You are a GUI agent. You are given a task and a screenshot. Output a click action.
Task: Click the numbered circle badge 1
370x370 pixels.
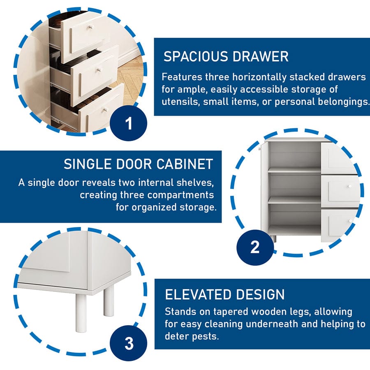(129, 123)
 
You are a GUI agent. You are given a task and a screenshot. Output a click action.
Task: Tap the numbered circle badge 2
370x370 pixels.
(255, 247)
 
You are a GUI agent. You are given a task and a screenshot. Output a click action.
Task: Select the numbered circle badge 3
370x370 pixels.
(129, 343)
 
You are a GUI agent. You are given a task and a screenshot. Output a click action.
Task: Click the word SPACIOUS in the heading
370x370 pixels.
(196, 57)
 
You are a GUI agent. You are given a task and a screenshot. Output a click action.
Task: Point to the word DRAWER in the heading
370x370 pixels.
(261, 57)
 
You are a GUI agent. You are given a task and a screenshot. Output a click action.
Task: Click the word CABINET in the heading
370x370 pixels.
(185, 164)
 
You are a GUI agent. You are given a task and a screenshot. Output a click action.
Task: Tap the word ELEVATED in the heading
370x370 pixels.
(198, 294)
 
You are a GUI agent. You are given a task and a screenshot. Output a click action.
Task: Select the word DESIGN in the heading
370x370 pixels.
(260, 294)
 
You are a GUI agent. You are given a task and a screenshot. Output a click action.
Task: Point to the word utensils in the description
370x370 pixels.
(180, 102)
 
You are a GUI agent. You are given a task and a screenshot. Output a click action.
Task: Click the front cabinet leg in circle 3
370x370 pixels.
(81, 313)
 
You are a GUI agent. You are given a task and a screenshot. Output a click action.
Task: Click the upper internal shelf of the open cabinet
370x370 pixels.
(294, 170)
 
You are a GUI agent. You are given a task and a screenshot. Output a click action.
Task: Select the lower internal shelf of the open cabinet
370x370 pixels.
(294, 200)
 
